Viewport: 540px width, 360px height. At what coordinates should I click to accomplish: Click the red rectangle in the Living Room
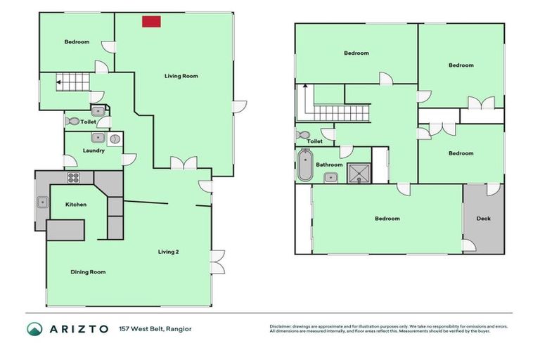(x=150, y=22)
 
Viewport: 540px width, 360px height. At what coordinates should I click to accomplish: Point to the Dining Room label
(x=88, y=271)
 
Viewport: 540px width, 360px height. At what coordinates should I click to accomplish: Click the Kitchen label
(x=76, y=205)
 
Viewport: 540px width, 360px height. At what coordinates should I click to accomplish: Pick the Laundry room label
(x=94, y=150)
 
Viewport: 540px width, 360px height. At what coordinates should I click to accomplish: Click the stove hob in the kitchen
(x=73, y=177)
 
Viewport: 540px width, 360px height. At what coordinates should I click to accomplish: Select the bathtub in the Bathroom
(x=304, y=165)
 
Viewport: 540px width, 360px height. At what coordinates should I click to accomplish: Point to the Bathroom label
(x=329, y=165)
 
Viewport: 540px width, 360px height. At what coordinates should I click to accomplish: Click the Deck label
(x=483, y=218)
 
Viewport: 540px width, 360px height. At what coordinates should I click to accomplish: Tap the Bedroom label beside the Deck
(x=387, y=218)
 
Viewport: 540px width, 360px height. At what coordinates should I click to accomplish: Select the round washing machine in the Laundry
(x=115, y=139)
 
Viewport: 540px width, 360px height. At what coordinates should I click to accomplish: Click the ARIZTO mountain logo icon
(x=34, y=328)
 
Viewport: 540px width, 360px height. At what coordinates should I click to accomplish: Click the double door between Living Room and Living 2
(x=184, y=164)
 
